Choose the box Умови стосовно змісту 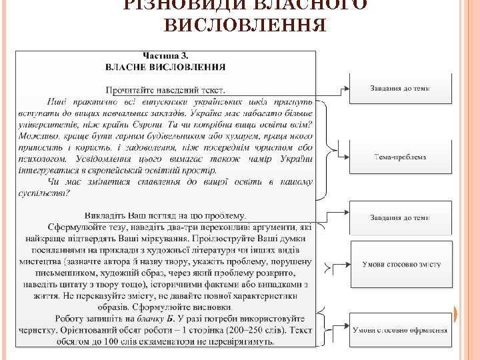pyautogui.click(x=401, y=265)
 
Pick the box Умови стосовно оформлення pyautogui.click(x=400, y=330)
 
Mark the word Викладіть pyautogui.click(x=105, y=215)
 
